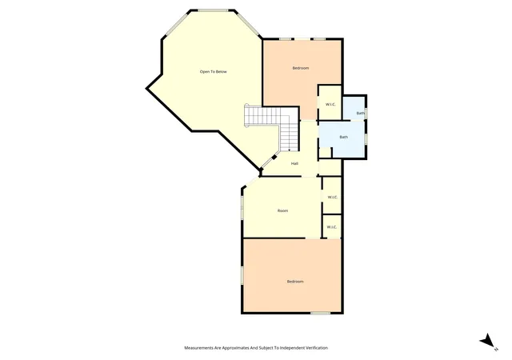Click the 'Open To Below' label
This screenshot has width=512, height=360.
[x=214, y=72]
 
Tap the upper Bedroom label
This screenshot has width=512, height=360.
[x=301, y=68]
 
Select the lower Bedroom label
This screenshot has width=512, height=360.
[x=295, y=282]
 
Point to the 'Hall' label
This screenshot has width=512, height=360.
[x=294, y=164]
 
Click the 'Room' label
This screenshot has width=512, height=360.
[x=282, y=211]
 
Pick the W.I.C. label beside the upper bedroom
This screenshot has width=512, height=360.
[x=330, y=105]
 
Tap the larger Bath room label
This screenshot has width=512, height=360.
[x=343, y=138]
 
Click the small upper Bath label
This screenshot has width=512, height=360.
[x=360, y=114]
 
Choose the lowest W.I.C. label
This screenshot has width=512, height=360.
[x=332, y=227]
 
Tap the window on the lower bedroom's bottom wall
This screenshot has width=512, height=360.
[x=320, y=314]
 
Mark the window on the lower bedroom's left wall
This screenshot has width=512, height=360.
[x=242, y=274]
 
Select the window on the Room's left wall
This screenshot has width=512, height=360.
[x=242, y=206]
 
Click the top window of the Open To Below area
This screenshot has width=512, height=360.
[x=214, y=10]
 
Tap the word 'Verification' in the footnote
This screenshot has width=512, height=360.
[x=317, y=348]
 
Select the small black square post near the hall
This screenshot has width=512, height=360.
[x=274, y=157]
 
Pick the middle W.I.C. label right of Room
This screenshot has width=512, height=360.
[x=333, y=198]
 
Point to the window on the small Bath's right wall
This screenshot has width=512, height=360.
[x=366, y=113]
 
